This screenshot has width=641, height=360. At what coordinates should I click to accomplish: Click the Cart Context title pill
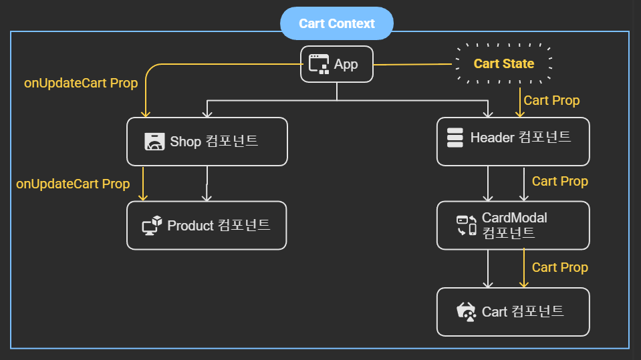(337, 23)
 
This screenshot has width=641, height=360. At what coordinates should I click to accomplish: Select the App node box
(337, 64)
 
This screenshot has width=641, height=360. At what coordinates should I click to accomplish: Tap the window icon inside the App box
(319, 64)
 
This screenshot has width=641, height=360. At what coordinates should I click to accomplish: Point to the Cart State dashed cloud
(504, 64)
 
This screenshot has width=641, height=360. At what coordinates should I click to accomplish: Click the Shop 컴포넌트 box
(207, 142)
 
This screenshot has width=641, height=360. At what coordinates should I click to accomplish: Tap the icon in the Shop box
(154, 142)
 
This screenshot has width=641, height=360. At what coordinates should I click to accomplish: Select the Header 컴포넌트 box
(513, 142)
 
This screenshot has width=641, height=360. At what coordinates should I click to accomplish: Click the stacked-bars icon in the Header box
(455, 138)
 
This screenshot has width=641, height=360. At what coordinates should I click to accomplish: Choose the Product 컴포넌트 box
(207, 226)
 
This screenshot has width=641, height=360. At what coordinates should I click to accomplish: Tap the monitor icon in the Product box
(152, 226)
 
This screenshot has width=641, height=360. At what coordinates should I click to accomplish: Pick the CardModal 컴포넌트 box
(513, 226)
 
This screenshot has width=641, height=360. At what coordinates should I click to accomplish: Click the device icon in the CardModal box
(467, 226)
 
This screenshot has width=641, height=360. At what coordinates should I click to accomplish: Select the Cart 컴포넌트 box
(513, 312)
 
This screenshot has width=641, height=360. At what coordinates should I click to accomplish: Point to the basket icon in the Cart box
(467, 312)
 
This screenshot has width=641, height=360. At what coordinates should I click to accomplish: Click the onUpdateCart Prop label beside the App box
(81, 83)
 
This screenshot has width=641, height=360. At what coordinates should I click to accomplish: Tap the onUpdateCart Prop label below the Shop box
(73, 184)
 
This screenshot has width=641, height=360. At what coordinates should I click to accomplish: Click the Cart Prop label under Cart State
(551, 100)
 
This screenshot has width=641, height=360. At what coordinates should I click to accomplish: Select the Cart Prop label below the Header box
(560, 181)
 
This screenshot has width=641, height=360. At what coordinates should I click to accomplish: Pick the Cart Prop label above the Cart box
(560, 267)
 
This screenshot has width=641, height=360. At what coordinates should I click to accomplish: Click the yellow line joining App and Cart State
(414, 65)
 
